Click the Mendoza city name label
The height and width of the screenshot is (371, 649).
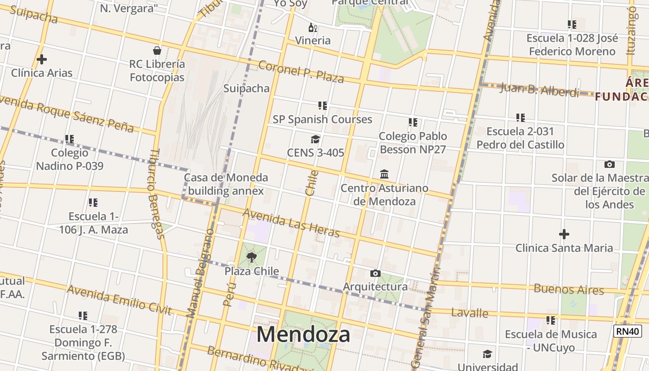point(303,334)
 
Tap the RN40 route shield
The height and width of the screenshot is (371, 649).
point(627,331)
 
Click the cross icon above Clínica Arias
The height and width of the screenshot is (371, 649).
point(42,59)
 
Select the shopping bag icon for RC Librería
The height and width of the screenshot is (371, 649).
point(157,51)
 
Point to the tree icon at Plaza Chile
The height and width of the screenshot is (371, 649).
point(252,257)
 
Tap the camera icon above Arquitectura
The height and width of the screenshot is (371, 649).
point(375,273)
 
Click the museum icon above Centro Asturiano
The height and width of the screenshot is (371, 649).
point(384,174)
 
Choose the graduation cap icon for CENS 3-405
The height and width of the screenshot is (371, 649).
point(315,139)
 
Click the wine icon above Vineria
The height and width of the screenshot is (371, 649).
point(313,28)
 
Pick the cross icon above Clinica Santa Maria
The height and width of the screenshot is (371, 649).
point(564,234)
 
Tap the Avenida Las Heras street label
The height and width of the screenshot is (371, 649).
point(291,223)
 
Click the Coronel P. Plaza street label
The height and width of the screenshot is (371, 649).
point(301,72)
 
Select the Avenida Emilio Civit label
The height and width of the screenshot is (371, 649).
point(119,300)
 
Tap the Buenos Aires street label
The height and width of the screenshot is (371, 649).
point(569,289)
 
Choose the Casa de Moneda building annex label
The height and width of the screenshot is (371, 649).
point(226,184)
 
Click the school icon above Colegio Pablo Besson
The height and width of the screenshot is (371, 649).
point(413,122)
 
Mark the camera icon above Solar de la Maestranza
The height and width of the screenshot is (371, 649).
point(610,164)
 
